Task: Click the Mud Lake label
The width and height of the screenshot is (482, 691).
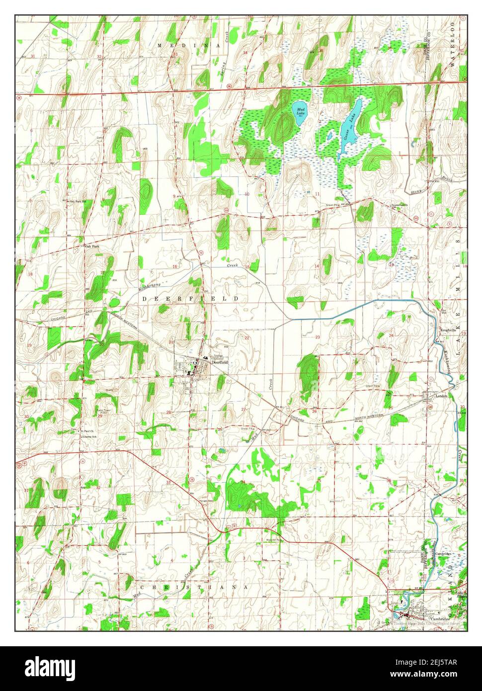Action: pyautogui.click(x=300, y=111)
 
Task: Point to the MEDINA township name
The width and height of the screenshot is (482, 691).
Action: pyautogui.click(x=189, y=45)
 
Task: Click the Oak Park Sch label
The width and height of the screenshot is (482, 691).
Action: pyautogui.click(x=78, y=201)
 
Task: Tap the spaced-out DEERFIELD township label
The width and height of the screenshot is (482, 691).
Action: pyautogui.click(x=191, y=298)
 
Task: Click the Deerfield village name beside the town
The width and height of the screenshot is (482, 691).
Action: pyautogui.click(x=219, y=362)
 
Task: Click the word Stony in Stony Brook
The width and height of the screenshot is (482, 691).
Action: pyautogui.click(x=415, y=189)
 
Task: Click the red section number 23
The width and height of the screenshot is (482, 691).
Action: pyautogui.click(x=318, y=337)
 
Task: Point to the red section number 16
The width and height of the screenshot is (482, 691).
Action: pyautogui.click(x=174, y=267)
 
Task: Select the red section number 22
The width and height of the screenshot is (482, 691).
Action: pyautogui.click(x=246, y=338)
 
